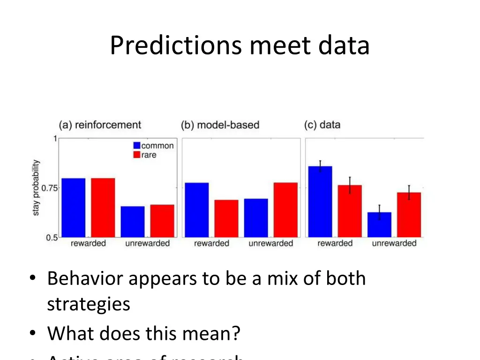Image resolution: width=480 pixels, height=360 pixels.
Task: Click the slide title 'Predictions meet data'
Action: [x=240, y=46]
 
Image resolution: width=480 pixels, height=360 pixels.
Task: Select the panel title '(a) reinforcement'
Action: [x=100, y=125]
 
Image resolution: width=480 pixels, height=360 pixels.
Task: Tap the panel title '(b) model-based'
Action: [x=220, y=125]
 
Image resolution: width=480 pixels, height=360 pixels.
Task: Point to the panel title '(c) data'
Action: [x=322, y=125]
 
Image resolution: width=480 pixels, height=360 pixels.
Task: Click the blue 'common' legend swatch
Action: [x=137, y=146]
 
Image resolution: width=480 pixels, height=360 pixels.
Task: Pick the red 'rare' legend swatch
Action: [x=137, y=155]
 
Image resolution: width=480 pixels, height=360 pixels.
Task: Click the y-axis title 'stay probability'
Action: [x=37, y=188]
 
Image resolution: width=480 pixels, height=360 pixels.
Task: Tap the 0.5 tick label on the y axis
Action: [x=52, y=237]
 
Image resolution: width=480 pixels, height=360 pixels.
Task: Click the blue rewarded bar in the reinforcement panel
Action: [x=74, y=208]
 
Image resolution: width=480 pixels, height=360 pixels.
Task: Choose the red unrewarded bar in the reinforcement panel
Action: [x=162, y=221]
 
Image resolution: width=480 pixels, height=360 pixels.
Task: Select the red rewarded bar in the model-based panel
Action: [x=226, y=218]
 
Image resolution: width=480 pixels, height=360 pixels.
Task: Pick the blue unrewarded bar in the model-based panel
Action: [x=256, y=218]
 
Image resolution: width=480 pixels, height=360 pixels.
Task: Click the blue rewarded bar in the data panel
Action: [x=320, y=202]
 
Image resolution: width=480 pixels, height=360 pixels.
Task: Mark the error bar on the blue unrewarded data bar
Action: [x=379, y=212]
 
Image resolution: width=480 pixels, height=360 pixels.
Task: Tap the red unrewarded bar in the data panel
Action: [x=409, y=215]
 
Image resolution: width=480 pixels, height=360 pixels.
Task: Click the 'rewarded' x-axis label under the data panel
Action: [x=335, y=243]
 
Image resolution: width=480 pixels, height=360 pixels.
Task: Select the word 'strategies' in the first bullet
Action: [x=89, y=304]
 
